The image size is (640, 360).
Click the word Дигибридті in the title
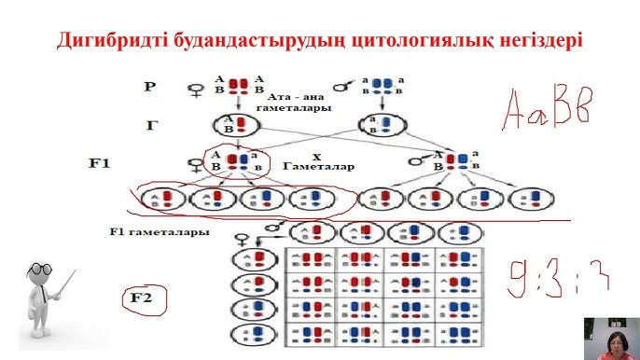point(115,41)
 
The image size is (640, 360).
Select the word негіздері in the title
point(532,41)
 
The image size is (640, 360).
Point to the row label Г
point(151,124)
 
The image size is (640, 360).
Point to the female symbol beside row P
point(196,90)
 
